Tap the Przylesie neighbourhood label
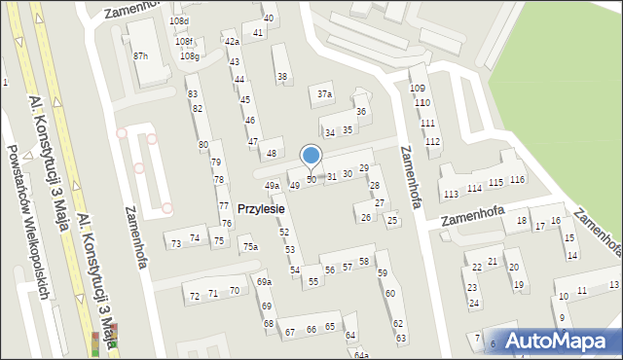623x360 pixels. click(261, 208)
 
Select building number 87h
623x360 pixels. click(141, 56)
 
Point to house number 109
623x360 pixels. click(418, 89)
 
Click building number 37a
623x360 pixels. click(325, 94)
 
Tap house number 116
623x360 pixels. click(517, 180)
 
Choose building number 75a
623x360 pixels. click(250, 248)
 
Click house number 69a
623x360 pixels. click(264, 282)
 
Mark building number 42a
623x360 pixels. click(232, 42)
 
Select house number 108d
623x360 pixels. click(179, 21)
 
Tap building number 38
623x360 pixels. click(282, 77)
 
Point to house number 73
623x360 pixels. click(176, 243)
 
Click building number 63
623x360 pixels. click(400, 338)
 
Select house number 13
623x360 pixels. click(613, 284)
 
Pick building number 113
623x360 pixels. click(451, 195)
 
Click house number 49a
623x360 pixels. click(273, 186)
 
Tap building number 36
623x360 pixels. click(360, 112)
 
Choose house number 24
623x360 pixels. click(473, 303)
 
